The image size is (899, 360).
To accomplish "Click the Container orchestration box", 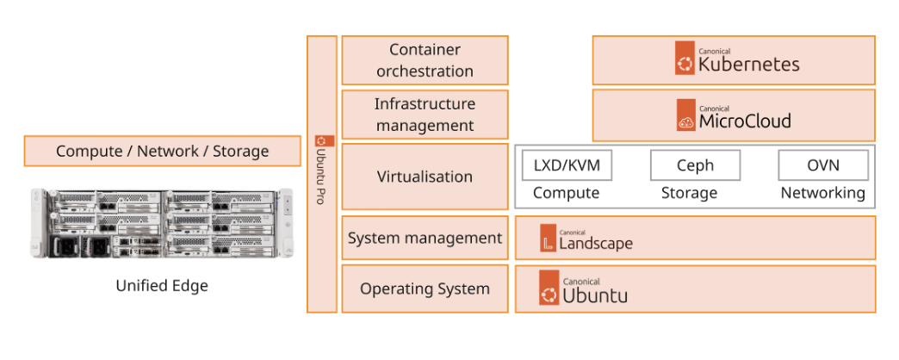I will click(x=425, y=60).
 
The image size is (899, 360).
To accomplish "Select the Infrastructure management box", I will click(x=425, y=115).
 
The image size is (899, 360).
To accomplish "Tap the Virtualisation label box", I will click(x=425, y=177).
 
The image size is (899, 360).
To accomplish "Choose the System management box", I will click(x=425, y=238).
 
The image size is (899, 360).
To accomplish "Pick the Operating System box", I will click(x=425, y=289).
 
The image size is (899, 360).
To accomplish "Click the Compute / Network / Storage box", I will click(x=162, y=151).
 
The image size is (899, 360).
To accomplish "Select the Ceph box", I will click(x=695, y=165).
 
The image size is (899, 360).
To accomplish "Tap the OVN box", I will click(x=822, y=165).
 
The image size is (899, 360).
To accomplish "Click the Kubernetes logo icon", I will click(x=685, y=60).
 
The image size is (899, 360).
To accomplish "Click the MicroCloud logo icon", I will click(x=685, y=115).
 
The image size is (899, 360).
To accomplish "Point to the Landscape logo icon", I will click(x=549, y=239).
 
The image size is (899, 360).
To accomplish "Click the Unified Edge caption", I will click(x=162, y=285).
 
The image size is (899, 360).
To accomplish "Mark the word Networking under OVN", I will click(x=822, y=193).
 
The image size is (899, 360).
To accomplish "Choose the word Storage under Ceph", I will click(x=689, y=193).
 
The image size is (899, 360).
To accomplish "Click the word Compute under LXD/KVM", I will click(x=566, y=193).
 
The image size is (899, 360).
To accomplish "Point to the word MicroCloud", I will click(x=744, y=121).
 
